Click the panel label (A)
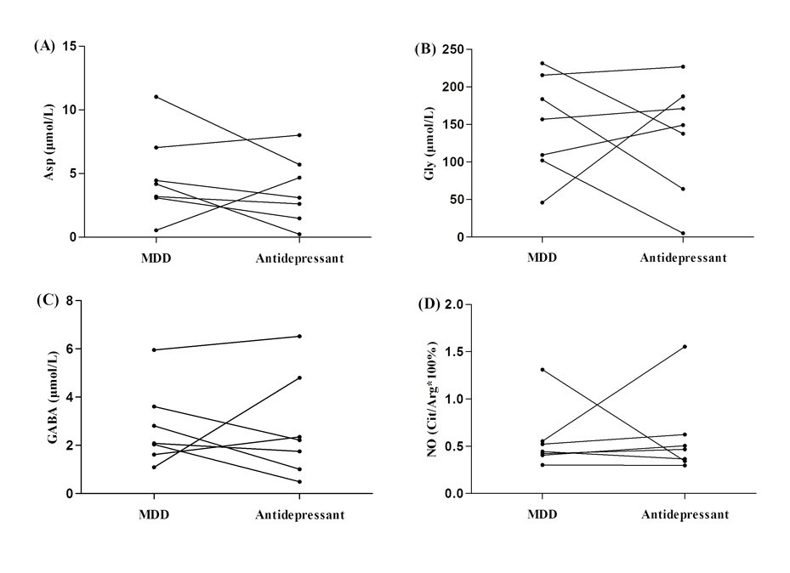click(44, 46)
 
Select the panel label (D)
click(429, 304)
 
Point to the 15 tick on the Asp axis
click(70, 46)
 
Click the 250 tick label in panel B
click(453, 49)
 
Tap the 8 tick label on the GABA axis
click(70, 301)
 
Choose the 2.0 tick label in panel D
click(455, 304)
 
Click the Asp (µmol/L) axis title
click(48, 142)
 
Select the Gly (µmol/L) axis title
click(429, 144)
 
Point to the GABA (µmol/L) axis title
click(53, 397)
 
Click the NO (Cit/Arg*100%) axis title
click(433, 400)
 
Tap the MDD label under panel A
click(156, 258)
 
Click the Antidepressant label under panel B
click(683, 258)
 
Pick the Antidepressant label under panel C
click(300, 514)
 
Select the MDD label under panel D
click(543, 514)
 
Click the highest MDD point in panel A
click(156, 97)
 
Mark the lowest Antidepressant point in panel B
click(683, 233)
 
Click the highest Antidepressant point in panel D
click(685, 346)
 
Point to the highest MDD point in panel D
click(543, 370)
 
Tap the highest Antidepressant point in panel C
click(300, 337)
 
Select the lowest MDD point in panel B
click(543, 202)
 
